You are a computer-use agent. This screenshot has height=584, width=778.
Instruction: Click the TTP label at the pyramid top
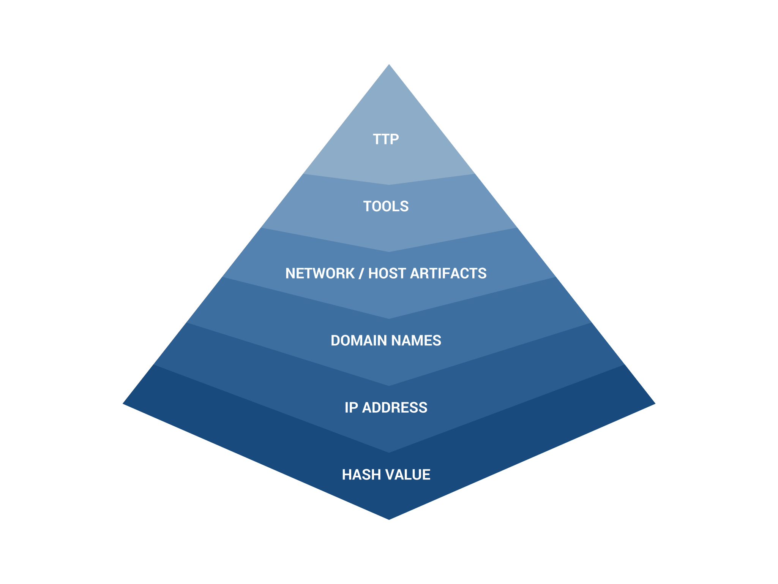point(386,139)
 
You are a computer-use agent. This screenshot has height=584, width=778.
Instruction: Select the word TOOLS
point(386,206)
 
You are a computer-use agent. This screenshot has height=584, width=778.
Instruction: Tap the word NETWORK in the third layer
point(320,274)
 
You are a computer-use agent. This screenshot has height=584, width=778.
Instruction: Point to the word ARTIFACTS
point(448,274)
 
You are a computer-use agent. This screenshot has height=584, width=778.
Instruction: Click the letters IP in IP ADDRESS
point(351,408)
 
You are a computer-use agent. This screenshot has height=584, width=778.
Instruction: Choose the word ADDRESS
point(395,408)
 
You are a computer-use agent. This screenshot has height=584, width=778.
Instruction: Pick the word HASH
point(361,475)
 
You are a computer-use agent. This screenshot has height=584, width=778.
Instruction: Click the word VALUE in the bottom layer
point(408,475)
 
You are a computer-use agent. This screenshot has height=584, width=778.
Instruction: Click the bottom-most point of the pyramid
point(389,519)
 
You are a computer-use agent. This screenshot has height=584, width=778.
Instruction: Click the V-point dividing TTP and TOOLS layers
point(389,185)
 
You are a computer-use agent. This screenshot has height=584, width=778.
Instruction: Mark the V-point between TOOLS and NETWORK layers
point(389,252)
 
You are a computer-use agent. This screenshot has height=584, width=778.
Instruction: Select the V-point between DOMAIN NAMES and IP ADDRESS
point(389,386)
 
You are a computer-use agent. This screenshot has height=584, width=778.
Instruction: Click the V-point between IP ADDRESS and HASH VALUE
point(389,452)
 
